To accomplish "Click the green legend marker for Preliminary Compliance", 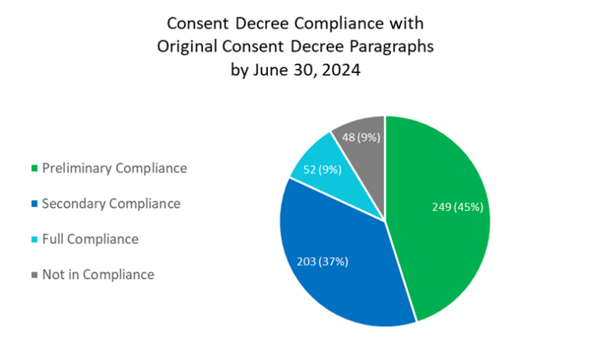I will [x=33, y=169].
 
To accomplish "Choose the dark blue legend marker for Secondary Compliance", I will [x=33, y=205].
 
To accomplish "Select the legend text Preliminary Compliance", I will [x=114, y=168].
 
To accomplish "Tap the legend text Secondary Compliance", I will [x=111, y=204].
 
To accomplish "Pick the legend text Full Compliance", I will [x=90, y=239].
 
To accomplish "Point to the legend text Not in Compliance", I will [x=98, y=275].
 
